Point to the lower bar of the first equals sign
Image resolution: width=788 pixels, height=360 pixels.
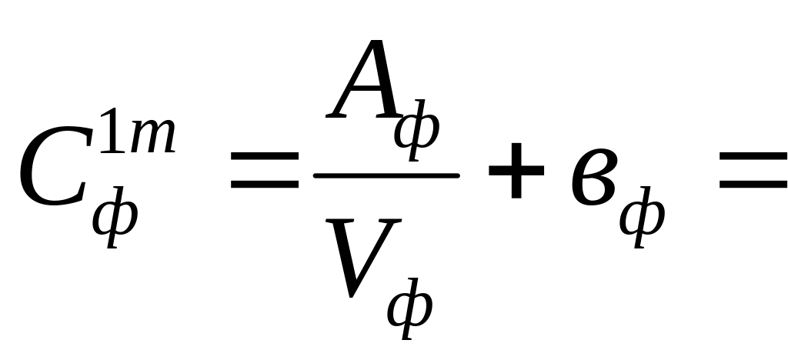[265, 185]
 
